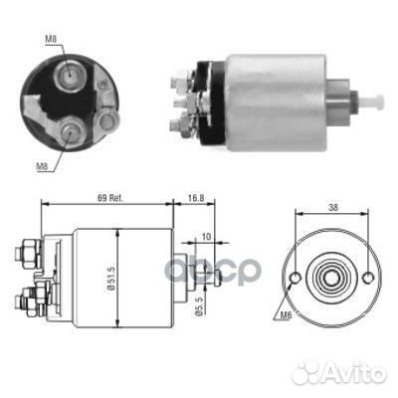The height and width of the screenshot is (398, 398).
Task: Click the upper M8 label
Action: pos(51,39)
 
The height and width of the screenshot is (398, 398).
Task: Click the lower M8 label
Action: pos(42,167)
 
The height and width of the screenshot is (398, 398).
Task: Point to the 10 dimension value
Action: pos(206,237)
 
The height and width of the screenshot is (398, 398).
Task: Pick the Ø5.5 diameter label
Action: pos(199,307)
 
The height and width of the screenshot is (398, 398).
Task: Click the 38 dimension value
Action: pos(333,208)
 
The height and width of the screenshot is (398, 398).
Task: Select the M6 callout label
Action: pos(286,315)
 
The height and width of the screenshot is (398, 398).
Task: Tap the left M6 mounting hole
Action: pos(296,278)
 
